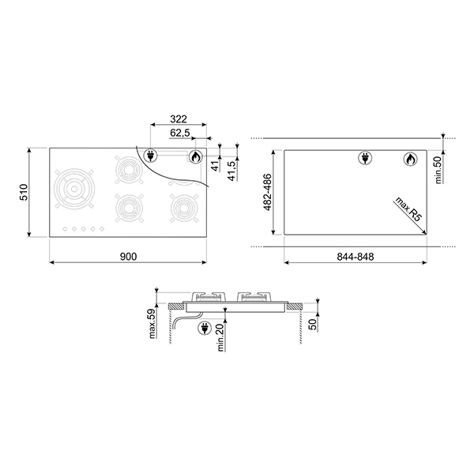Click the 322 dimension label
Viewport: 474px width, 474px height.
[179, 118]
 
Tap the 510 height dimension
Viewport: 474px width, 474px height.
[24, 192]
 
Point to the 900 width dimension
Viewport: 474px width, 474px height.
[130, 257]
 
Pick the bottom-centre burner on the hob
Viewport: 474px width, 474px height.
[128, 208]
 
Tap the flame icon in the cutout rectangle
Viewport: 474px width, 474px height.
[409, 160]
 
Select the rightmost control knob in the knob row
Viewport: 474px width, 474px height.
[101, 230]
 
